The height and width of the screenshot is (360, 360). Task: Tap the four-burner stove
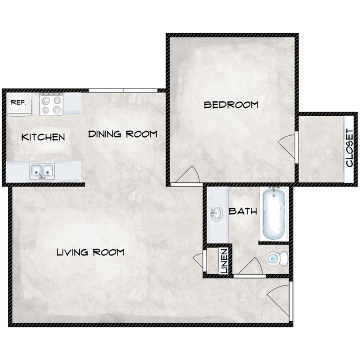point(52,104)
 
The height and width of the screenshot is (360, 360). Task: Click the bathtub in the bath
point(274,214)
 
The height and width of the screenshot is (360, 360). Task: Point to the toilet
point(275,258)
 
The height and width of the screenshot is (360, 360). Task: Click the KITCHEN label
point(43,137)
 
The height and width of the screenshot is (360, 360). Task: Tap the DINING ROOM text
point(122,134)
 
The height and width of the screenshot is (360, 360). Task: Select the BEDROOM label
point(231,105)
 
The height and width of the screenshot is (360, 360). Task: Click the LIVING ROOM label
point(90,253)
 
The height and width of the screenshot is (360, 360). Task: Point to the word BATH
point(243,211)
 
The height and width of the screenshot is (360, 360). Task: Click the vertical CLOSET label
point(349,148)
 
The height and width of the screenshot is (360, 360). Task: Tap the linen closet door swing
point(199,260)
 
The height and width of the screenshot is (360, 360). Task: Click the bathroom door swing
point(250,266)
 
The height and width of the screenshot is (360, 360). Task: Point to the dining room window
point(122,90)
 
